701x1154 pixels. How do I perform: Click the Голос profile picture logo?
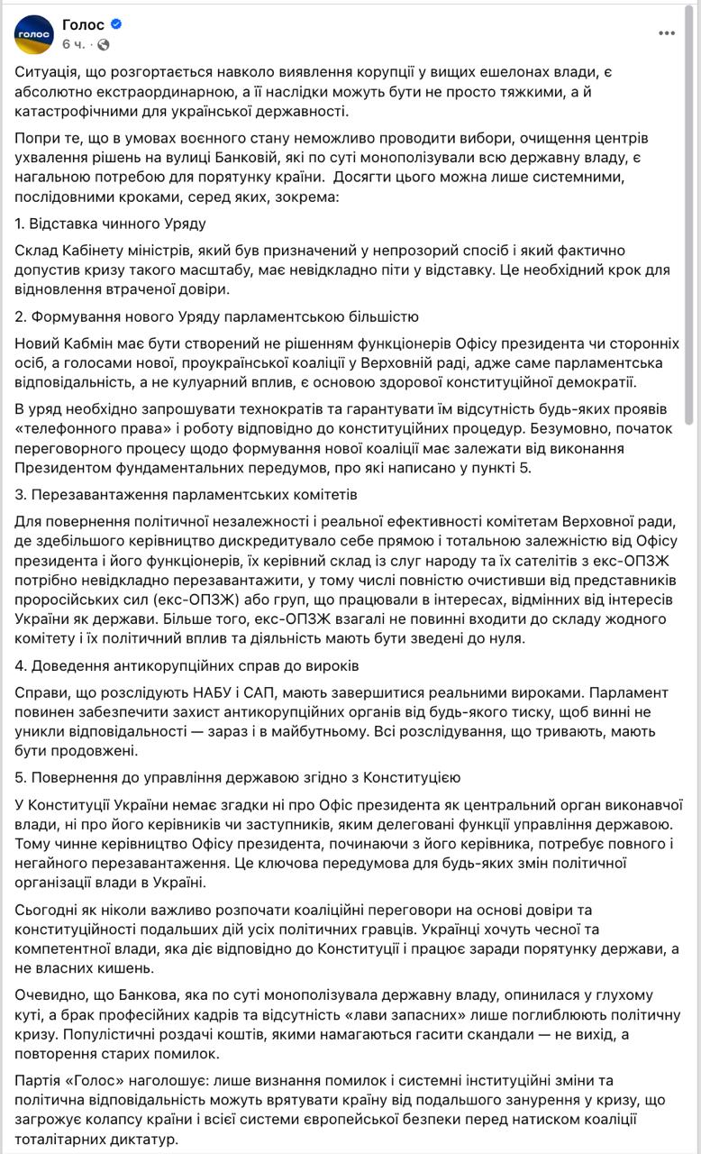(33, 34)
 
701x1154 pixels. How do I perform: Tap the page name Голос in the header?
(83, 24)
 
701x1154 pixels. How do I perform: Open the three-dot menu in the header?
(667, 33)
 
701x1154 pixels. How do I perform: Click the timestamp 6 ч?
(74, 44)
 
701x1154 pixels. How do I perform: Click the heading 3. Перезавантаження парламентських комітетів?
(187, 495)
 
